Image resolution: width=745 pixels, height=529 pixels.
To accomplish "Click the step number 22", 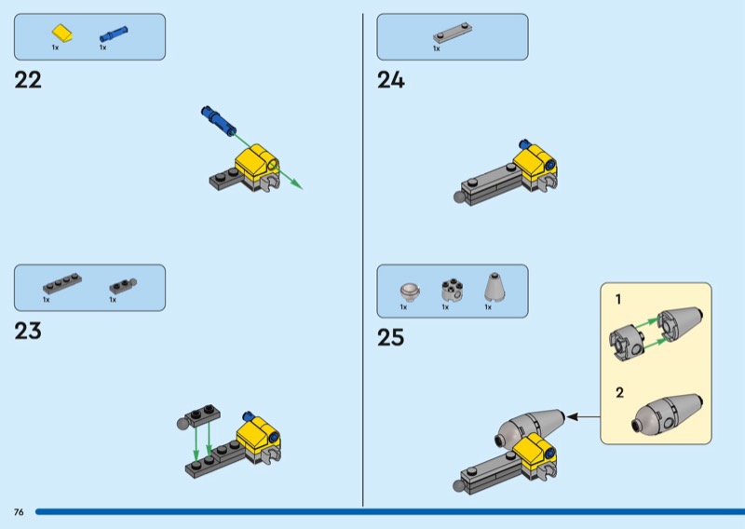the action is tap(28, 80).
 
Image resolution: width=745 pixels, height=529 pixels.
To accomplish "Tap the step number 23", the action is tap(28, 331).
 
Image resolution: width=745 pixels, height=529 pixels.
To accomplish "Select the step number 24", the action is tap(390, 80).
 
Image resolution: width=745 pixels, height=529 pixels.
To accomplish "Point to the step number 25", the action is tap(390, 337).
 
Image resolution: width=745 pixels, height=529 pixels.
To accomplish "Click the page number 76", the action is tap(19, 512).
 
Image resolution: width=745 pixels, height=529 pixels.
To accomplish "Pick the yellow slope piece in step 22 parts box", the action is tap(62, 34).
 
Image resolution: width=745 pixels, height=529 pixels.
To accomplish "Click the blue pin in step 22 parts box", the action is tap(114, 34).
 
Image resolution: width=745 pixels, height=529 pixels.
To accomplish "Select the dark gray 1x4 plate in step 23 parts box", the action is tap(62, 283).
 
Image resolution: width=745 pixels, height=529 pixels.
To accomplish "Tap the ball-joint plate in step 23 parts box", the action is tap(123, 286).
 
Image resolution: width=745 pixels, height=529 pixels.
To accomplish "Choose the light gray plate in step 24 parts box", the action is tap(453, 33).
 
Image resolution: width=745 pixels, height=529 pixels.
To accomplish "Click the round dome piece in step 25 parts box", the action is tap(410, 291).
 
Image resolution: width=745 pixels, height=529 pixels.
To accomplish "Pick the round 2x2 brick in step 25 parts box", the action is tap(452, 289).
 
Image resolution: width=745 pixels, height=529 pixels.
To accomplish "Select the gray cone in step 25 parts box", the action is tap(494, 287).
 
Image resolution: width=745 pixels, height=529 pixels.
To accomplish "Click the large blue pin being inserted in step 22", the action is tap(219, 120).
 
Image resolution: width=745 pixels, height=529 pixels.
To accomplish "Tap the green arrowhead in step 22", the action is tap(296, 183).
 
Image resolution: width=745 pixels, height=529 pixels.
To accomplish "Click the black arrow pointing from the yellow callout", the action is tap(584, 417).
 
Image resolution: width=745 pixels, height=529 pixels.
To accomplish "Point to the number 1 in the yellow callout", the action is tap(618, 300).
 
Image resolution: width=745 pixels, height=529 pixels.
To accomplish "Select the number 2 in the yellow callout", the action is tap(619, 393).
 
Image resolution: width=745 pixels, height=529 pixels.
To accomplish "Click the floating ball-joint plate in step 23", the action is tap(198, 416).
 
